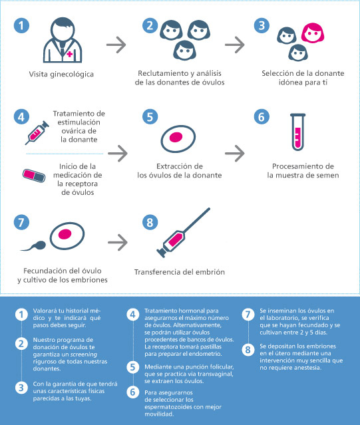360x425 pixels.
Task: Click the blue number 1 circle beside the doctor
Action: [21, 26]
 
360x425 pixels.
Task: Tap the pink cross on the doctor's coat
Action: [70, 54]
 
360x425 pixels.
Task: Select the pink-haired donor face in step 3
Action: [313, 33]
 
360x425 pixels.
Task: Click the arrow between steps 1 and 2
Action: [116, 45]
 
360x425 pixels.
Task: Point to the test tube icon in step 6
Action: [297, 132]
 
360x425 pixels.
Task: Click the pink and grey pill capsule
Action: [34, 176]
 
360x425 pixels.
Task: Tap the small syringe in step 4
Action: [37, 133]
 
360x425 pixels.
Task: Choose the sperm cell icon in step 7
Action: [33, 246]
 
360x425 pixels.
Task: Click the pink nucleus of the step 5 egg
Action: [176, 137]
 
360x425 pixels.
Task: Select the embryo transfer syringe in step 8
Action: [183, 233]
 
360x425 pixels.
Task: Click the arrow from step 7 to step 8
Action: [118, 242]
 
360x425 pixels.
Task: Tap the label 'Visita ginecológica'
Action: [61, 74]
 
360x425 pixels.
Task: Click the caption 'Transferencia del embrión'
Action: [180, 272]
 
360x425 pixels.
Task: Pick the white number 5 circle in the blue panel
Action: [133, 367]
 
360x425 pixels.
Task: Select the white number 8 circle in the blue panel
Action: [248, 350]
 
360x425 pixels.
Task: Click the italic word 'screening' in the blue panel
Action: [83, 354]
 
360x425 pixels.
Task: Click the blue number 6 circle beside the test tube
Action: [262, 117]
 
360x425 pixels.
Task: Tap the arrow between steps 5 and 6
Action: [235, 154]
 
